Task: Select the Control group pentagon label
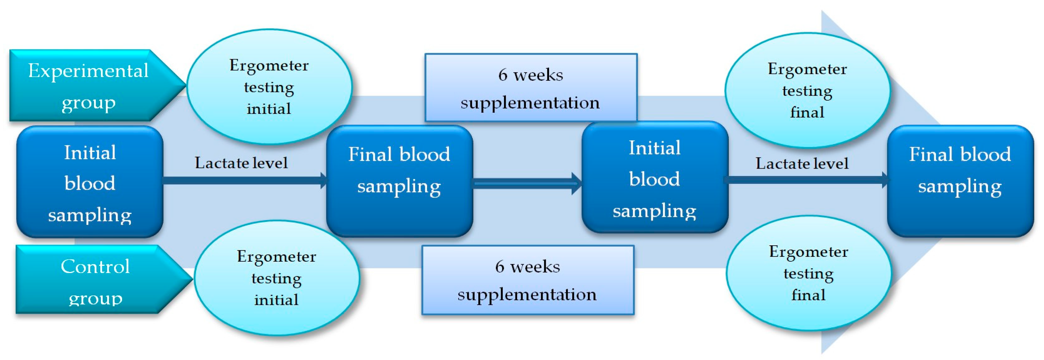[101, 279]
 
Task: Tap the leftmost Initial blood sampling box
[90, 182]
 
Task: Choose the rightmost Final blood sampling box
[960, 181]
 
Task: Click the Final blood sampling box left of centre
[400, 181]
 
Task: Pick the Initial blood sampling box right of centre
[655, 177]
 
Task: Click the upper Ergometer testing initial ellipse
[270, 86]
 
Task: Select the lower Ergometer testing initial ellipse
[277, 278]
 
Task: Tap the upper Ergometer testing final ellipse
[807, 90]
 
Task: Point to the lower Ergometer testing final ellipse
[809, 273]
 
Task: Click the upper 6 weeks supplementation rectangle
[531, 88]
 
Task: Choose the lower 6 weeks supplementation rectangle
[528, 280]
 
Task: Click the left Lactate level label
[241, 163]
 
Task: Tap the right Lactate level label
[802, 164]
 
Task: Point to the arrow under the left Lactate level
[245, 180]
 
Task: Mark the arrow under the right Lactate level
[808, 180]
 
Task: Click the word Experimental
[88, 71]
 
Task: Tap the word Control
[95, 267]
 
